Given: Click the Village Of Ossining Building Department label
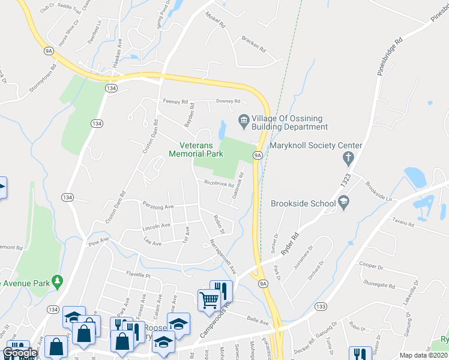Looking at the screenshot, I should pos(289,122).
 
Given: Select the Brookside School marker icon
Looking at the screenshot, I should pos(343,204).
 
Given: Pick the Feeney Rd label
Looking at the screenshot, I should pos(175,101).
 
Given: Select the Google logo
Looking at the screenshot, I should pos(20,353).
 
